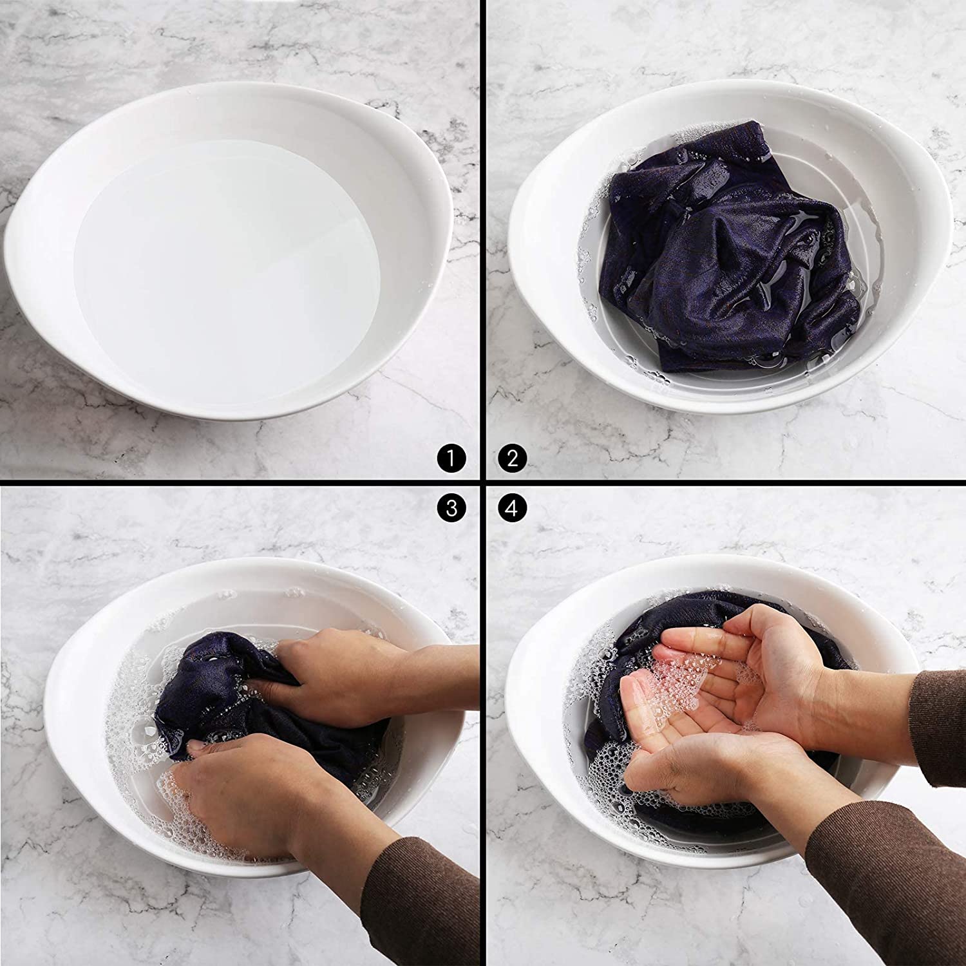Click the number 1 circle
coord(451,459)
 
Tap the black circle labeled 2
coord(513,459)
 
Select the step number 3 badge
coord(451,509)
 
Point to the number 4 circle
coord(513,509)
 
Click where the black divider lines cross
coord(482,484)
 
